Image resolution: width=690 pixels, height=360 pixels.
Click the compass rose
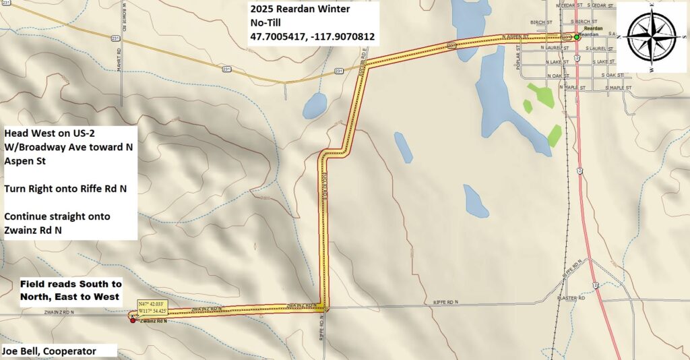click(x=650, y=36)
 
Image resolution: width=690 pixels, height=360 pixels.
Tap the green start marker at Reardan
click(x=577, y=37)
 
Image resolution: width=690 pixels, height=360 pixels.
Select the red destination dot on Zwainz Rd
click(x=132, y=320)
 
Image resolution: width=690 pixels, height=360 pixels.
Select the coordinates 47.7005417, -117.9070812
click(x=312, y=37)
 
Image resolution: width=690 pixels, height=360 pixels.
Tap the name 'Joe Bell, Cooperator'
click(x=49, y=351)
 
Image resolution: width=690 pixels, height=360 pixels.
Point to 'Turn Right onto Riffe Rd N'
click(x=65, y=189)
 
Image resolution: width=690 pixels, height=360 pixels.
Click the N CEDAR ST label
click(x=567, y=5)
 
